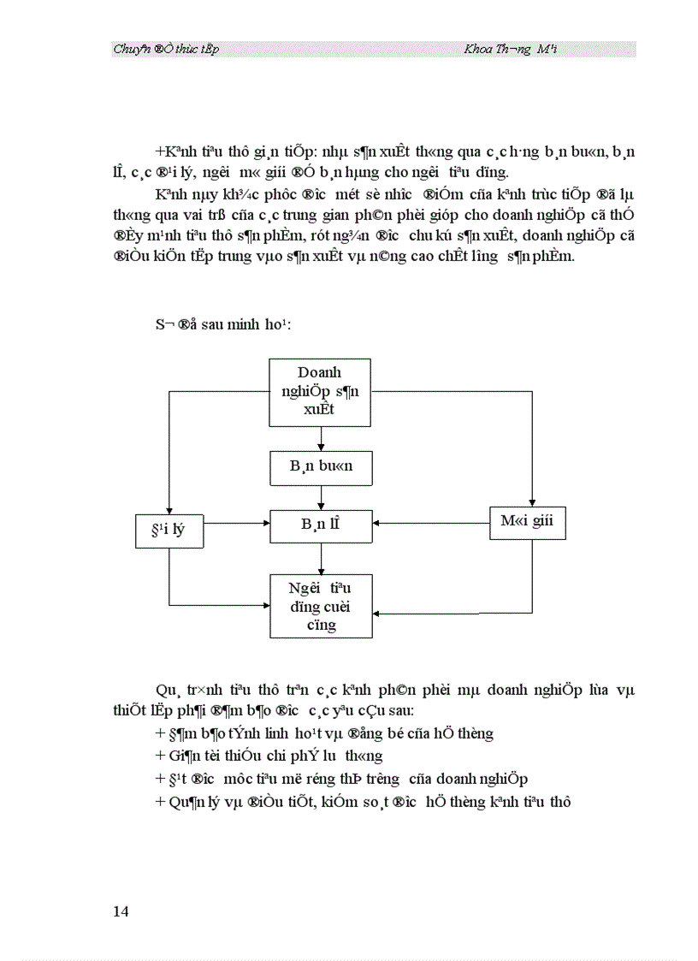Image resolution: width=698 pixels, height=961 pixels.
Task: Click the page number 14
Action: [x=121, y=911]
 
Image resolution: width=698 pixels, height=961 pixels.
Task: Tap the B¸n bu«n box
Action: [x=321, y=468]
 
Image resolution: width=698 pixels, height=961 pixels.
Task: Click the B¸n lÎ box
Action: [x=321, y=525]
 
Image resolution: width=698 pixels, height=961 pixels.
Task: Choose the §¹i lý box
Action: [x=169, y=531]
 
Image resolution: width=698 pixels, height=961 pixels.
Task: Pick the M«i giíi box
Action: [x=527, y=522]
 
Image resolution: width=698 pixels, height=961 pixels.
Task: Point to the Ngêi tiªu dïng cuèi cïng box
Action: [x=321, y=606]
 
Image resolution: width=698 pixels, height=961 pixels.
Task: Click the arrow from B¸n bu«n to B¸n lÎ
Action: [x=321, y=497]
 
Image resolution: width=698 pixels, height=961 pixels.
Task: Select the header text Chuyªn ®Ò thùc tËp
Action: [x=166, y=50]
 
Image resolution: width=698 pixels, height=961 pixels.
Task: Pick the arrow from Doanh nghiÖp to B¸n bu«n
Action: [x=321, y=438]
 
